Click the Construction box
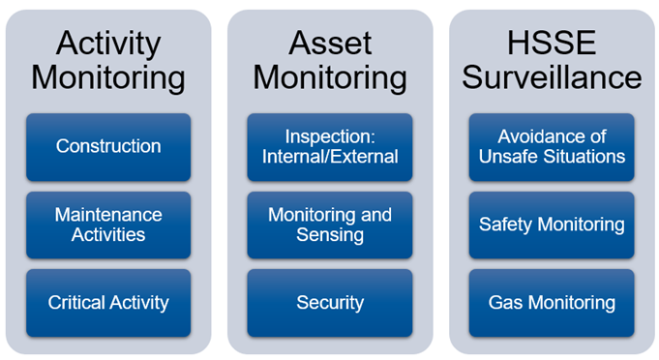108,147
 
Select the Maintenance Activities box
108,225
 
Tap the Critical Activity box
108,303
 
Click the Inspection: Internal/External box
329,147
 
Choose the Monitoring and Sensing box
329,225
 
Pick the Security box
329,303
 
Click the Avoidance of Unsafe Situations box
552,147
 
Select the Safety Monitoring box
552,225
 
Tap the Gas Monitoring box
552,303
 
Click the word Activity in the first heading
107,43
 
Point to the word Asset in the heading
330,43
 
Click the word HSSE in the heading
552,43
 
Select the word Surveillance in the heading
552,77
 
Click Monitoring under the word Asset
330,77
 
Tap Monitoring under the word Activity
107,77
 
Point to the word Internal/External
329,157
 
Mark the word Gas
504,303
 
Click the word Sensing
329,234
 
